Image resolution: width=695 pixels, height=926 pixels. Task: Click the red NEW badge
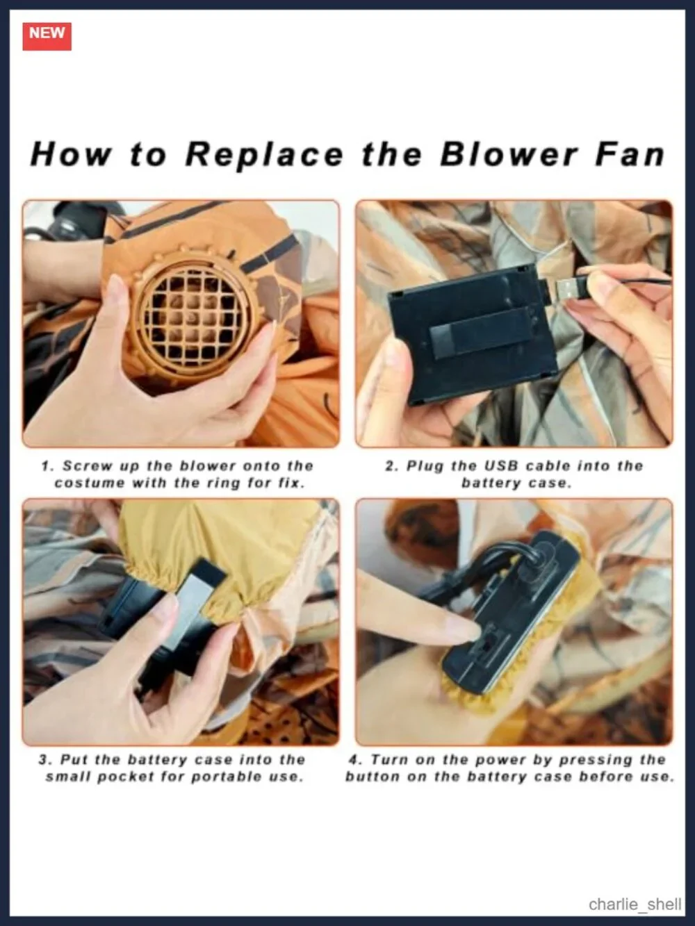[x=47, y=36]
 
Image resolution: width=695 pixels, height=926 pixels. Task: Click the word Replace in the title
[x=264, y=155]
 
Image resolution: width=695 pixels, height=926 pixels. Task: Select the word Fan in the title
[x=630, y=154]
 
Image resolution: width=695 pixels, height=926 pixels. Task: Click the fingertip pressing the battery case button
[x=472, y=631]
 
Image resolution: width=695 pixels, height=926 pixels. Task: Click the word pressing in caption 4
[x=596, y=760]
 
